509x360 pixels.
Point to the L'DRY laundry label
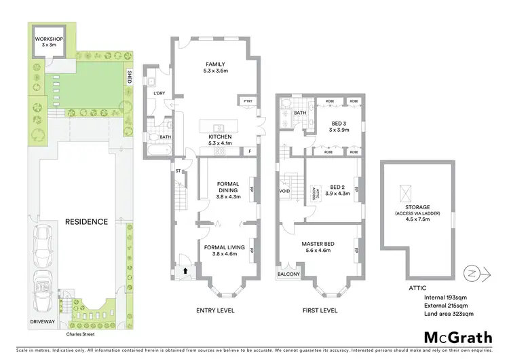(x=159, y=93)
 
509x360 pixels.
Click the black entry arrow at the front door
(x=185, y=271)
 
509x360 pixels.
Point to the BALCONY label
(x=288, y=274)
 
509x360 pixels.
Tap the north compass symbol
(x=469, y=274)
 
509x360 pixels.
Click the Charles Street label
(x=79, y=334)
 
